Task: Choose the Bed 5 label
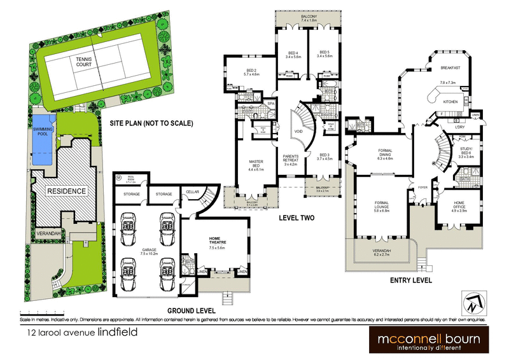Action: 324,53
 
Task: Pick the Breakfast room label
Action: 450,68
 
